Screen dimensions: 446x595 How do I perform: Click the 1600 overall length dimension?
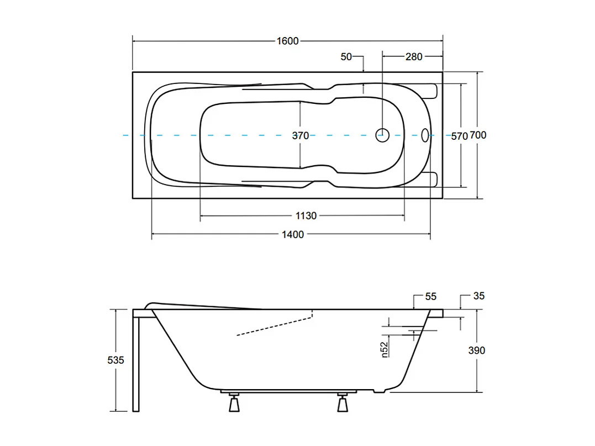click(287, 41)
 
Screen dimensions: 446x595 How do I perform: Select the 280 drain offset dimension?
click(414, 56)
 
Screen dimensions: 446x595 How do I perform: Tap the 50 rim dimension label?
click(346, 56)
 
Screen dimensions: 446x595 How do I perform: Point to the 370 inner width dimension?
click(301, 135)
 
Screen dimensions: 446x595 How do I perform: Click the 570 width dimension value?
click(459, 135)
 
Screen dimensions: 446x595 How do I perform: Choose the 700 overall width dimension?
click(478, 135)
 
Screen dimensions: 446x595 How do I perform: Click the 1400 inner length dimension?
click(293, 234)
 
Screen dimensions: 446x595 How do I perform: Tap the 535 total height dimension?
click(115, 360)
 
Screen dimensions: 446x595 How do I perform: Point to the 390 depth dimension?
click(476, 350)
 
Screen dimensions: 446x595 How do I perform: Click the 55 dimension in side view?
click(431, 297)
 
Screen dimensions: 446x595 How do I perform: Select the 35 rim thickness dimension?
click(478, 296)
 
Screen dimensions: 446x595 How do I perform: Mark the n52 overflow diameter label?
click(385, 349)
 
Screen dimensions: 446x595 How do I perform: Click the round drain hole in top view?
click(383, 134)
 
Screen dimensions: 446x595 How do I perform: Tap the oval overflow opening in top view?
click(425, 134)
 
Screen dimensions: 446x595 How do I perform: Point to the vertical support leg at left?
click(136, 362)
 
